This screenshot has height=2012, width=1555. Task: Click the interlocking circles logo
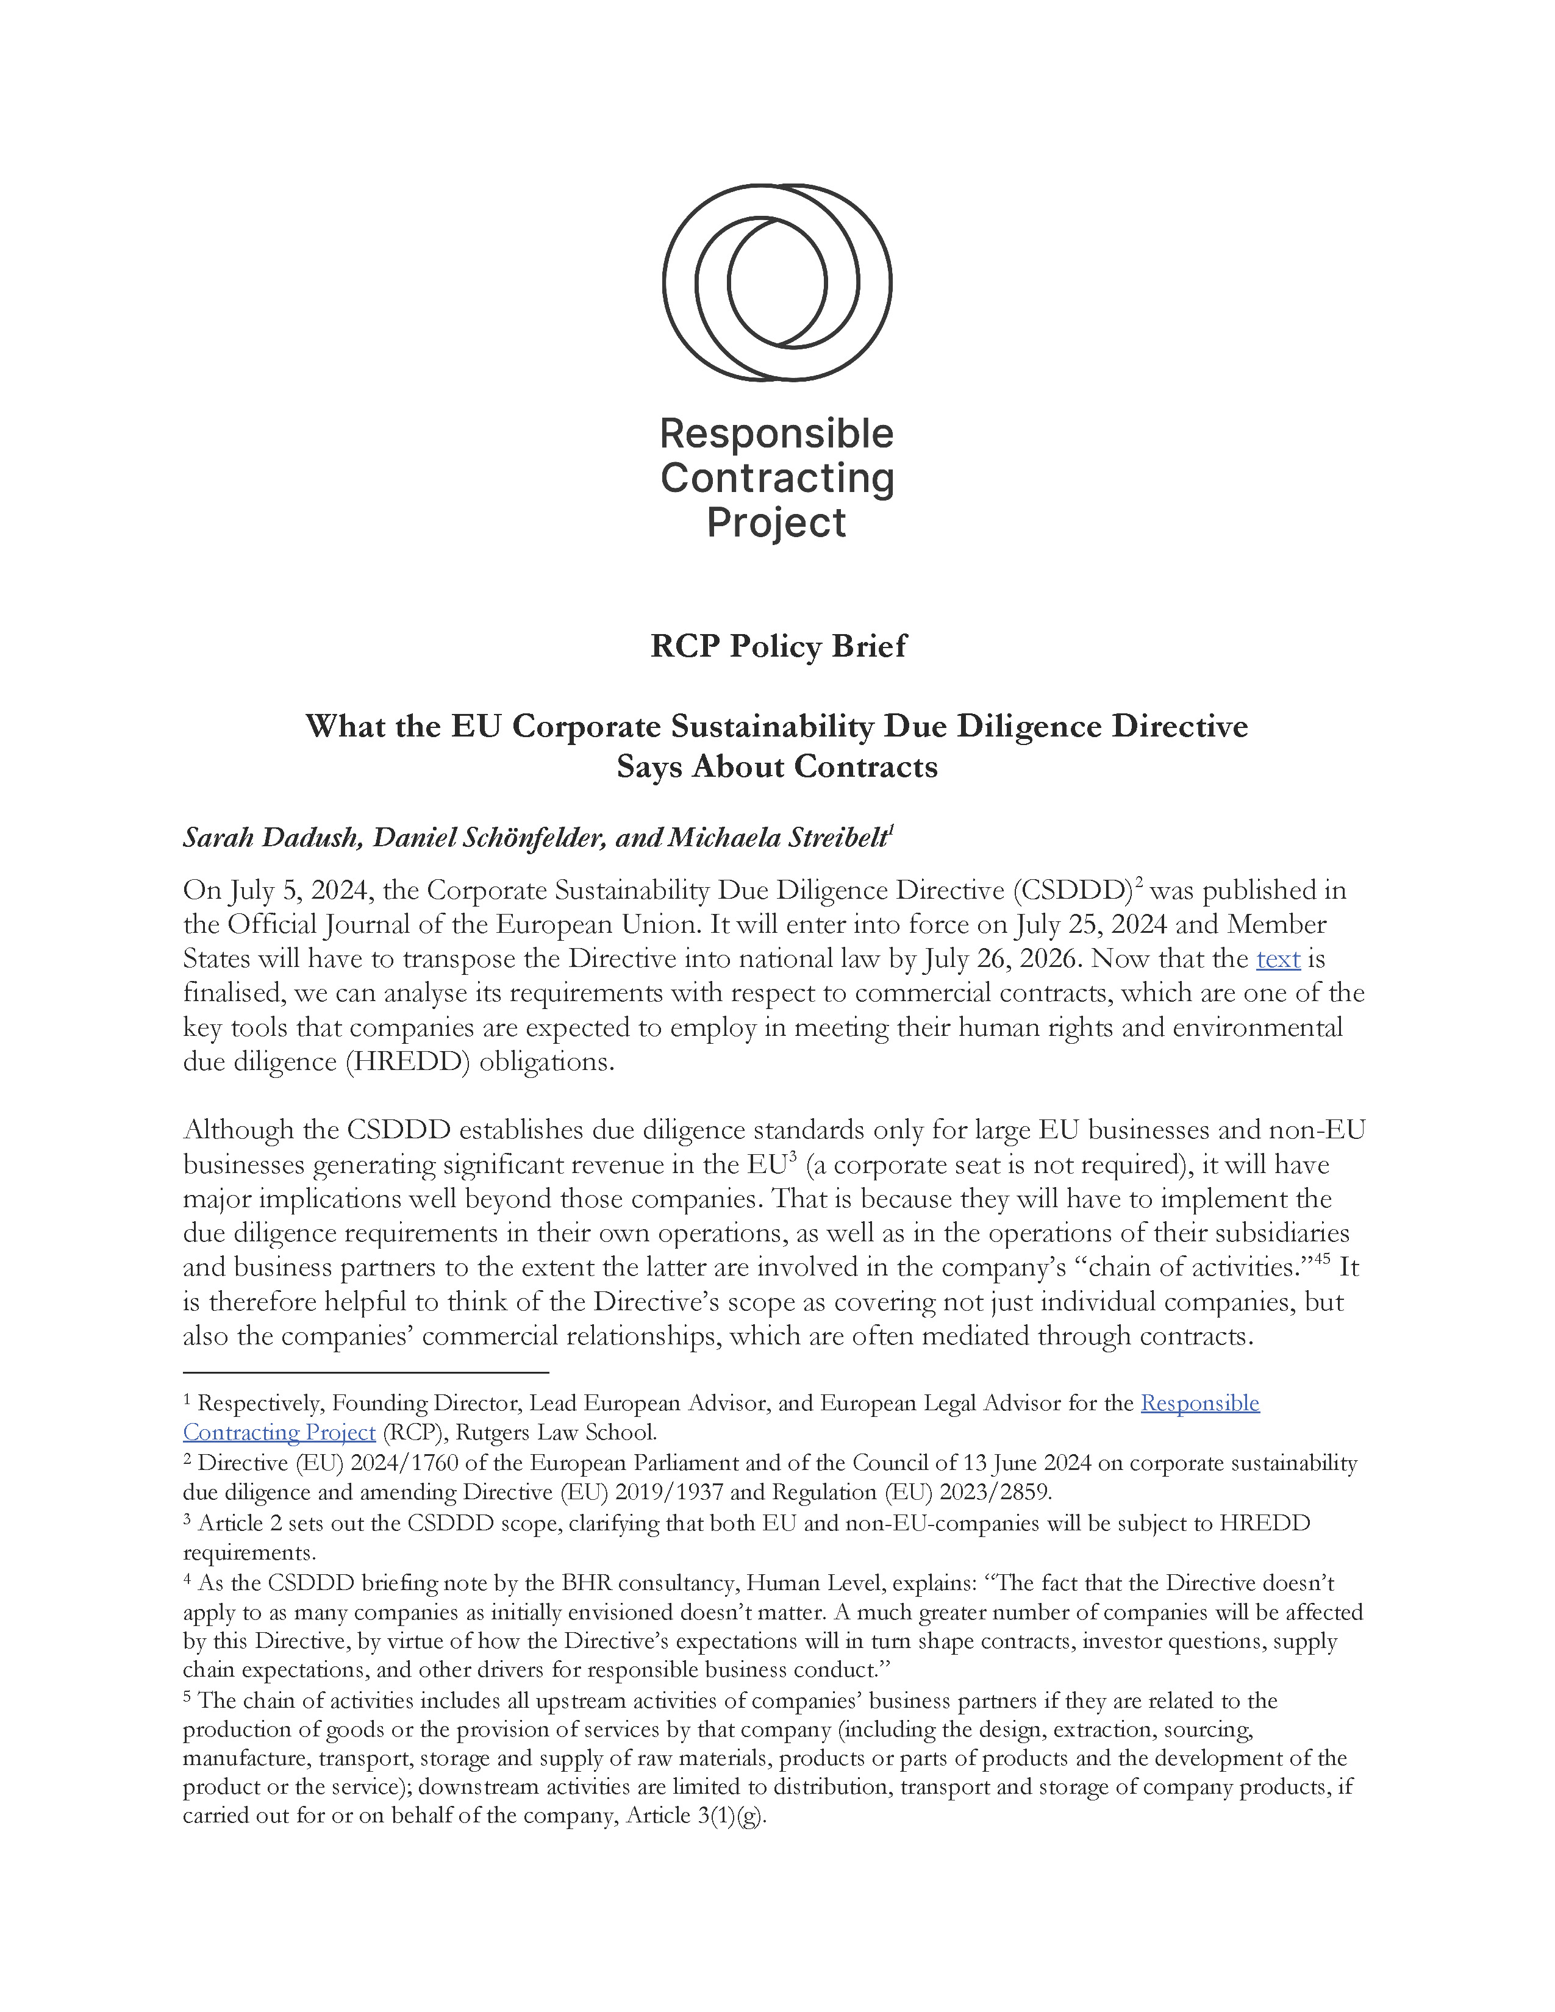click(776, 282)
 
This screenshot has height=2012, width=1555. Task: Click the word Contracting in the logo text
click(776, 478)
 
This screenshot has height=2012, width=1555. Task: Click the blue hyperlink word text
click(1278, 959)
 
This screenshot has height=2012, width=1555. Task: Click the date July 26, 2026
click(999, 959)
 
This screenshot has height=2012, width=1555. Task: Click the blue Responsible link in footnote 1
click(1199, 1403)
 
